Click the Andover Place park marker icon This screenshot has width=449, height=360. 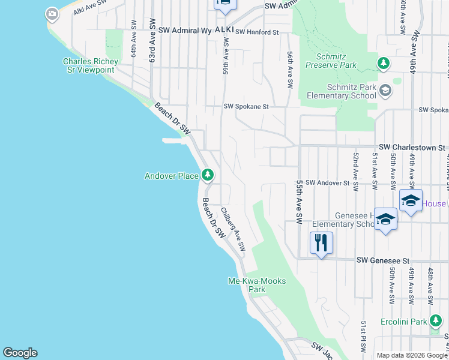tap(208, 175)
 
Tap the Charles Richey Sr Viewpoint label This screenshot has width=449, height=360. tap(88, 65)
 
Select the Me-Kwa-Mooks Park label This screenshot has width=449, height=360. tap(257, 285)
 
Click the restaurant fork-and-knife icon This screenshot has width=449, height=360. tap(321, 242)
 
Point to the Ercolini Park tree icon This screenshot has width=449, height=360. tap(436, 322)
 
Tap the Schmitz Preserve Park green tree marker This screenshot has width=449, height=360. tap(382, 62)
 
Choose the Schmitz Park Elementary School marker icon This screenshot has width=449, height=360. tap(385, 91)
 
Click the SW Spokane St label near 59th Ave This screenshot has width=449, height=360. tap(246, 106)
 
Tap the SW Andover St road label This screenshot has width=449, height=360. tap(327, 182)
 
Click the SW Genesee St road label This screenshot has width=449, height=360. tap(382, 261)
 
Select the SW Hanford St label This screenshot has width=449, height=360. tap(258, 32)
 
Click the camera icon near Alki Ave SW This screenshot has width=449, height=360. tap(52, 14)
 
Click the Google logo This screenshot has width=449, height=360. tap(20, 353)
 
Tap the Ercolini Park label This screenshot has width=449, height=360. tap(403, 322)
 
